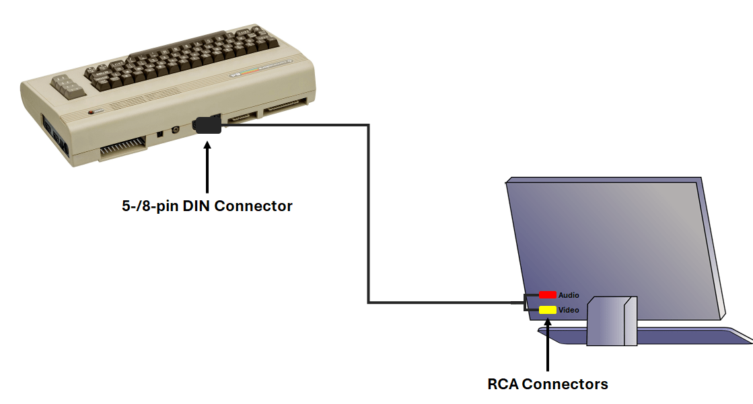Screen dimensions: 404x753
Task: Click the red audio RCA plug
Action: pyautogui.click(x=547, y=294)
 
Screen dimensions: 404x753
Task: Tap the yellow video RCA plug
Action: pyautogui.click(x=547, y=310)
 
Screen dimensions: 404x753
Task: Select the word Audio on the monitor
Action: pyautogui.click(x=569, y=295)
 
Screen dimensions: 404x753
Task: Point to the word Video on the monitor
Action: pyautogui.click(x=569, y=310)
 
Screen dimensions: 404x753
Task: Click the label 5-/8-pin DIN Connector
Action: pyautogui.click(x=207, y=206)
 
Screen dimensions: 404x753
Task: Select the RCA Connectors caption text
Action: pyautogui.click(x=547, y=385)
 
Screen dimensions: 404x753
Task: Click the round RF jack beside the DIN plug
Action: pyautogui.click(x=176, y=130)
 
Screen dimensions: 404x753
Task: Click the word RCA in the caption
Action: pyautogui.click(x=503, y=385)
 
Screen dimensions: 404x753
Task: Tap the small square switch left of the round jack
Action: pyautogui.click(x=160, y=134)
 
